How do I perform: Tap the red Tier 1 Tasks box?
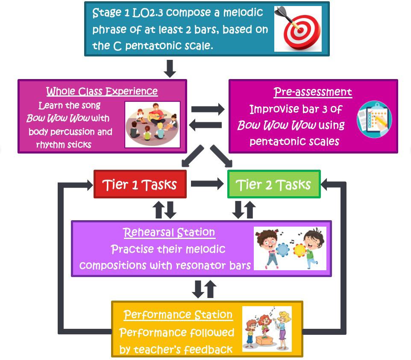140,184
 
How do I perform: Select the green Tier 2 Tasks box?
274,184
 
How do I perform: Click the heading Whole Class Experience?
102,91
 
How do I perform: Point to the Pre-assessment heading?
313,92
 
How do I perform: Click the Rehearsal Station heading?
169,232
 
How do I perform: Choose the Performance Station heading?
178,314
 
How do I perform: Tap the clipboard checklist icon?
374,119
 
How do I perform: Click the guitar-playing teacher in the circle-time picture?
157,113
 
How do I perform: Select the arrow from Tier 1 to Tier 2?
207,184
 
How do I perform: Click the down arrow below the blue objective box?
170,68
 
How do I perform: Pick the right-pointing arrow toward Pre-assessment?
208,109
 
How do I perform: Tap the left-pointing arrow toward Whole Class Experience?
205,125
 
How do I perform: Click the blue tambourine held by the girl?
282,250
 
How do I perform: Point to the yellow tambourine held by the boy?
299,251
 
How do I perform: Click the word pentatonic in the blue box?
153,46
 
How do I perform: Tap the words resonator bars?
213,265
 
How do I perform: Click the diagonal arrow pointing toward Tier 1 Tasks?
193,156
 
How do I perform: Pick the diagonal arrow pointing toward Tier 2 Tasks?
221,156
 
